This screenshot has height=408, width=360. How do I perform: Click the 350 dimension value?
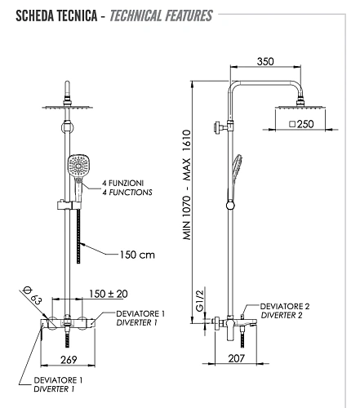click(x=265, y=61)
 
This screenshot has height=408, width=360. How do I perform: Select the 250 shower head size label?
click(x=305, y=124)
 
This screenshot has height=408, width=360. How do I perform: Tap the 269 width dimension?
click(x=69, y=360)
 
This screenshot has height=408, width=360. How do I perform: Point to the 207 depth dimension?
click(x=237, y=358)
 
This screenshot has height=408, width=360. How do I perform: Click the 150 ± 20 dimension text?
click(x=109, y=294)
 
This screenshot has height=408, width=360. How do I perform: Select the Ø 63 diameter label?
click(x=32, y=295)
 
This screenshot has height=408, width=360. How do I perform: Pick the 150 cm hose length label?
click(x=137, y=255)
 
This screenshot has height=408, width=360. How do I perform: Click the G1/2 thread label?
click(x=200, y=300)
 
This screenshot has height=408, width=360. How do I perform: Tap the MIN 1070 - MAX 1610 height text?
click(x=187, y=185)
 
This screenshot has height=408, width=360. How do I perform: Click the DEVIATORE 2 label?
click(x=285, y=306)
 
